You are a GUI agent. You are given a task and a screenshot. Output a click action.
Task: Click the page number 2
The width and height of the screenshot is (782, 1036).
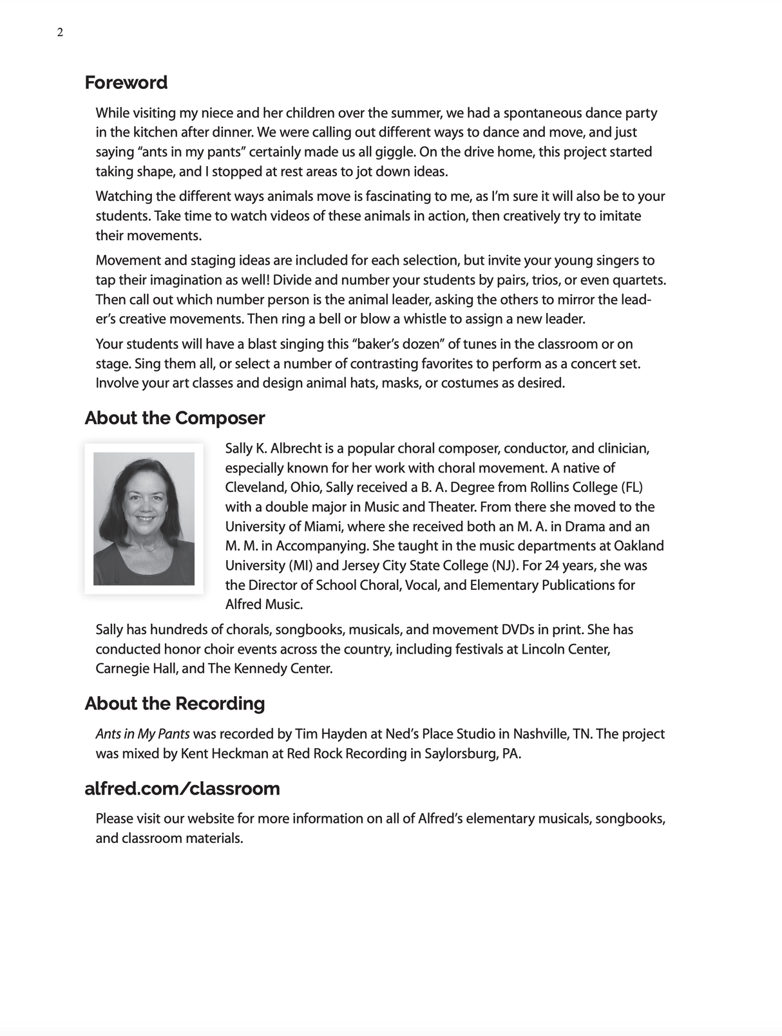click(x=60, y=33)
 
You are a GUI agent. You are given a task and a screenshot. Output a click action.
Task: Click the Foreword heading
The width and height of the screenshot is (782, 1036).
click(x=126, y=82)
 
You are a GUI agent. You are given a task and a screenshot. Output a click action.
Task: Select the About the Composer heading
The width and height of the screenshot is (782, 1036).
click(x=175, y=418)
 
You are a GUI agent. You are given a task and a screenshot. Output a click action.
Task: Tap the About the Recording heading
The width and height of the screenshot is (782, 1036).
click(x=175, y=703)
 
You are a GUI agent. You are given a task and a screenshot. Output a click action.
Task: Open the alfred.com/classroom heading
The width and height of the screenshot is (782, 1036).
click(x=182, y=788)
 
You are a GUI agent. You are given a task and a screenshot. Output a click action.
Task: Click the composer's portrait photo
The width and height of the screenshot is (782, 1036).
click(x=144, y=518)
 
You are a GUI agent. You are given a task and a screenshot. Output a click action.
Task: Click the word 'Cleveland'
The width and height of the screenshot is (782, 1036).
click(x=254, y=487)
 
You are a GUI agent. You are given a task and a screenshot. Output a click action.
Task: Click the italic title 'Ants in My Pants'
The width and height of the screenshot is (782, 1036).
click(x=142, y=734)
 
